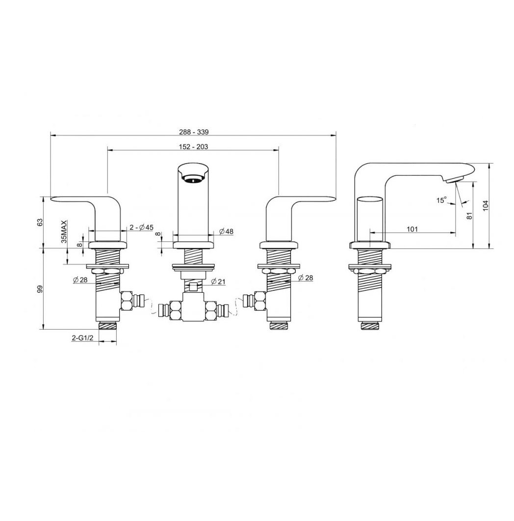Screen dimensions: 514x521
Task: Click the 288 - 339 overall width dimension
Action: (x=193, y=132)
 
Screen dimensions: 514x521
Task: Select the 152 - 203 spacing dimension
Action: (x=193, y=146)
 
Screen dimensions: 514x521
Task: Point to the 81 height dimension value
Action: (x=469, y=215)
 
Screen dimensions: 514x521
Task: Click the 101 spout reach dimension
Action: (x=412, y=229)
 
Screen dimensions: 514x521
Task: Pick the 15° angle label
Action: (x=441, y=200)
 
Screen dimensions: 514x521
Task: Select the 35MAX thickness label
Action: (x=64, y=231)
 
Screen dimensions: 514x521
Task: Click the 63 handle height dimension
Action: (x=40, y=222)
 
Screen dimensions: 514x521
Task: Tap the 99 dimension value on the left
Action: (x=40, y=289)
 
